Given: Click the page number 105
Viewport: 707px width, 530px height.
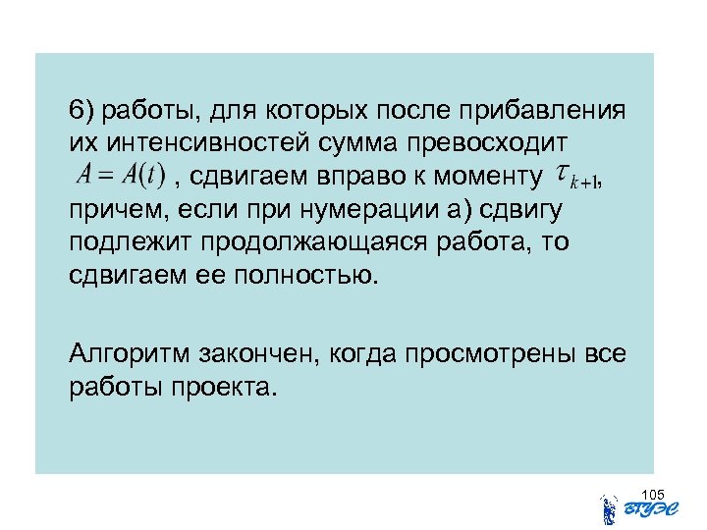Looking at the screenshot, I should [652, 494].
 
